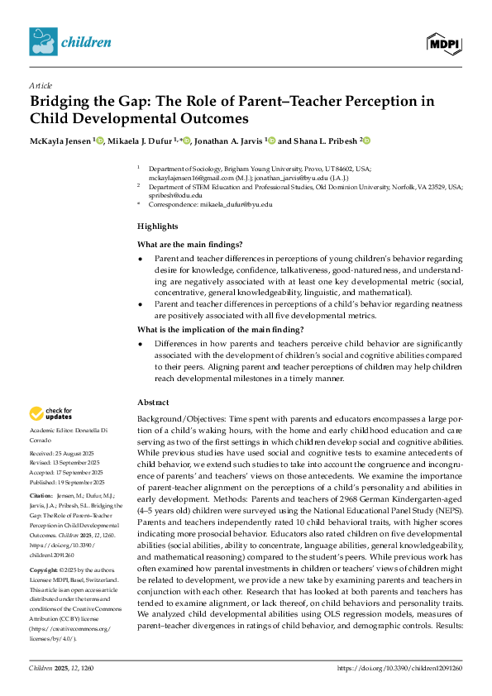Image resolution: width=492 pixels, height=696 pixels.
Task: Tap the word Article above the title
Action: coord(40,85)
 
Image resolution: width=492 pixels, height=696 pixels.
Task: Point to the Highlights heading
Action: coord(157,226)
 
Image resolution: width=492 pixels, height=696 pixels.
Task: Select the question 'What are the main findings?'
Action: coord(189,244)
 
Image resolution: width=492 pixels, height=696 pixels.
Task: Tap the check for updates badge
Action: coord(50,413)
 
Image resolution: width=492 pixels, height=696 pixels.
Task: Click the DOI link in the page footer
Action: coord(400,666)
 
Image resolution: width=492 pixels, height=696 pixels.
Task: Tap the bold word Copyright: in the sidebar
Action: coord(46,570)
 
